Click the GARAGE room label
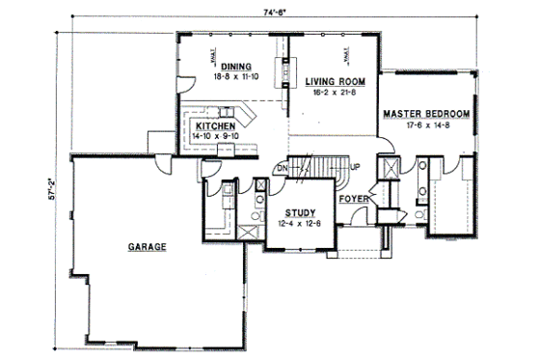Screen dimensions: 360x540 tap(147, 247)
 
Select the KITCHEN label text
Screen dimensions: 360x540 tap(215, 126)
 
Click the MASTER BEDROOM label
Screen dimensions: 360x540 tap(426, 114)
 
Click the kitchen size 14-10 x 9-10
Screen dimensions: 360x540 tap(215, 137)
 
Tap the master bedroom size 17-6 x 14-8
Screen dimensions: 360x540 tap(426, 125)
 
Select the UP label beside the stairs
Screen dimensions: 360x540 tap(356, 168)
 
